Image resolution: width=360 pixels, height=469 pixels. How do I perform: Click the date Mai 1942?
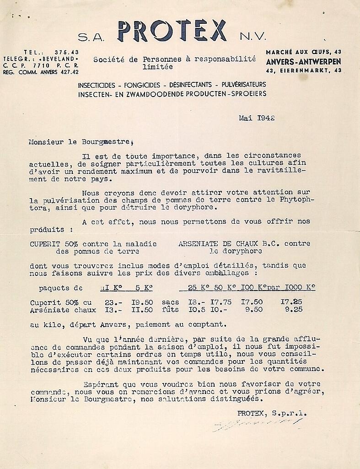pyautogui.click(x=256, y=118)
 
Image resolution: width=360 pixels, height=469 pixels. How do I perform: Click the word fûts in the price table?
pyautogui.click(x=169, y=310)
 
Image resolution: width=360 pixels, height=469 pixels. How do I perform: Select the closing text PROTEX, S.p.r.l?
pyautogui.click(x=272, y=413)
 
